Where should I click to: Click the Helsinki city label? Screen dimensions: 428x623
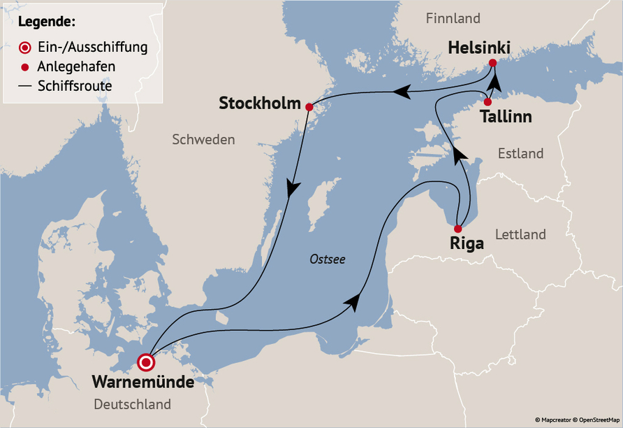[479, 48]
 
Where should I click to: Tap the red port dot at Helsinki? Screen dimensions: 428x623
[492, 63]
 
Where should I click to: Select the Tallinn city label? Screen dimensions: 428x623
[506, 116]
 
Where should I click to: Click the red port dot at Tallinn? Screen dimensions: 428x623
[488, 102]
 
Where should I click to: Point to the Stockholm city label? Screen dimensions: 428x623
[259, 104]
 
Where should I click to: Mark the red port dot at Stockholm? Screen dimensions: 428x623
[309, 106]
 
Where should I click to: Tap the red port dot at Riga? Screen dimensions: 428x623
[457, 229]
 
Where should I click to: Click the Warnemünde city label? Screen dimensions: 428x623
[142, 382]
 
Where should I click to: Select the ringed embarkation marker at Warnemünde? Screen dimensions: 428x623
[146, 362]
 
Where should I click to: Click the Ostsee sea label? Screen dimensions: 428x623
[328, 259]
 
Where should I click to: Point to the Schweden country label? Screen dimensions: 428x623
[203, 140]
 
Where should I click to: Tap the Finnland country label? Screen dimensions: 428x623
[453, 18]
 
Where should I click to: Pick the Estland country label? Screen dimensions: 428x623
[520, 153]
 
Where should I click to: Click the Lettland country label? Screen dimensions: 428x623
[520, 234]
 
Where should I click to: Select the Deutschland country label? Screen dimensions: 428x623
[132, 404]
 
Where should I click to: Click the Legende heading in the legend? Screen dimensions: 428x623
[47, 22]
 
